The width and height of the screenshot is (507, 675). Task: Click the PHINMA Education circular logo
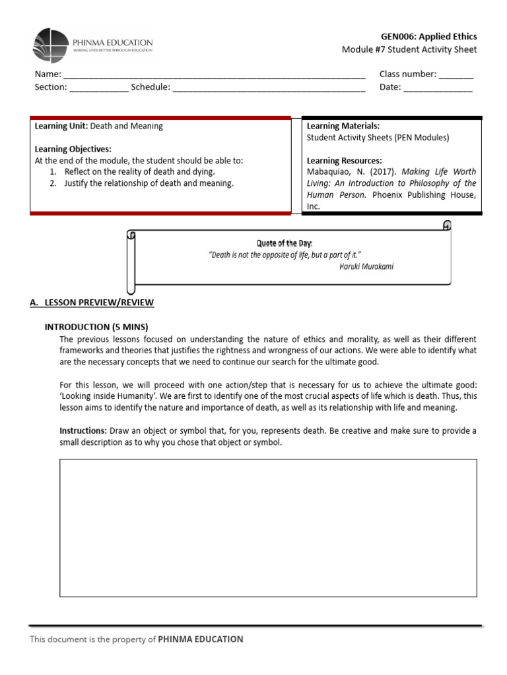point(50,46)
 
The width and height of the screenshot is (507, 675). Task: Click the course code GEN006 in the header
point(398,36)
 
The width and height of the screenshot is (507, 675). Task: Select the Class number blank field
point(456,75)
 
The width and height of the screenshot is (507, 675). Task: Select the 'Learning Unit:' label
point(61,126)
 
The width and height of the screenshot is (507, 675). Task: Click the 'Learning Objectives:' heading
point(73,149)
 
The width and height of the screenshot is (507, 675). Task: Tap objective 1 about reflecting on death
point(139,171)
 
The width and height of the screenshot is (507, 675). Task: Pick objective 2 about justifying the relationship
point(149,183)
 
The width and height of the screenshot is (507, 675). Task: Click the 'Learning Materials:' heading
point(343,126)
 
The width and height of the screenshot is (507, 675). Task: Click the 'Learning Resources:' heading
point(344,161)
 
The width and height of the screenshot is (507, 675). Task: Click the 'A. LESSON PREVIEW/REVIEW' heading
point(92,303)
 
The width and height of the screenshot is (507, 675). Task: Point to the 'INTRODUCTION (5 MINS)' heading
point(96,327)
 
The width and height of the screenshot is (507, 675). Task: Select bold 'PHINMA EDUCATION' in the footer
point(201,639)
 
